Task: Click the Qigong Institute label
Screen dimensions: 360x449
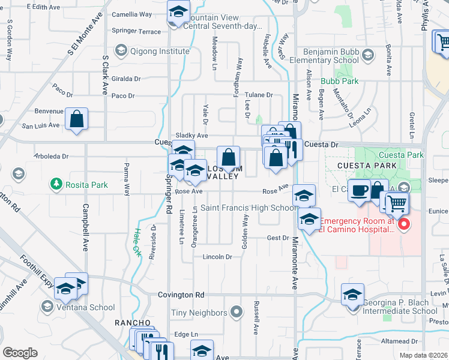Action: (160, 51)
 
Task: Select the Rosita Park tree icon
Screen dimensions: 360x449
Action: (56, 183)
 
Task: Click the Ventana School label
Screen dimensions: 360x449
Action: (86, 307)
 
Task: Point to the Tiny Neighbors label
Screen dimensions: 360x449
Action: (199, 313)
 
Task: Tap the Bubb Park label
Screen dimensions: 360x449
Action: (339, 80)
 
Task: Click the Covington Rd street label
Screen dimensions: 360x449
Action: (181, 295)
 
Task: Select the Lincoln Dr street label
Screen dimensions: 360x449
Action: (218, 256)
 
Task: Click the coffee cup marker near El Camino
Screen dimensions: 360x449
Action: (359, 190)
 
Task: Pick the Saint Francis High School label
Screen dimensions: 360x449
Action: (249, 208)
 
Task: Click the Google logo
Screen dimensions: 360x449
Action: (20, 353)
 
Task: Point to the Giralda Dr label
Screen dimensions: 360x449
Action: (126, 79)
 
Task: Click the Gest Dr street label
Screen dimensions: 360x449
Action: (278, 238)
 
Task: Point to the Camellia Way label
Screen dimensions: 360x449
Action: (137, 13)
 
